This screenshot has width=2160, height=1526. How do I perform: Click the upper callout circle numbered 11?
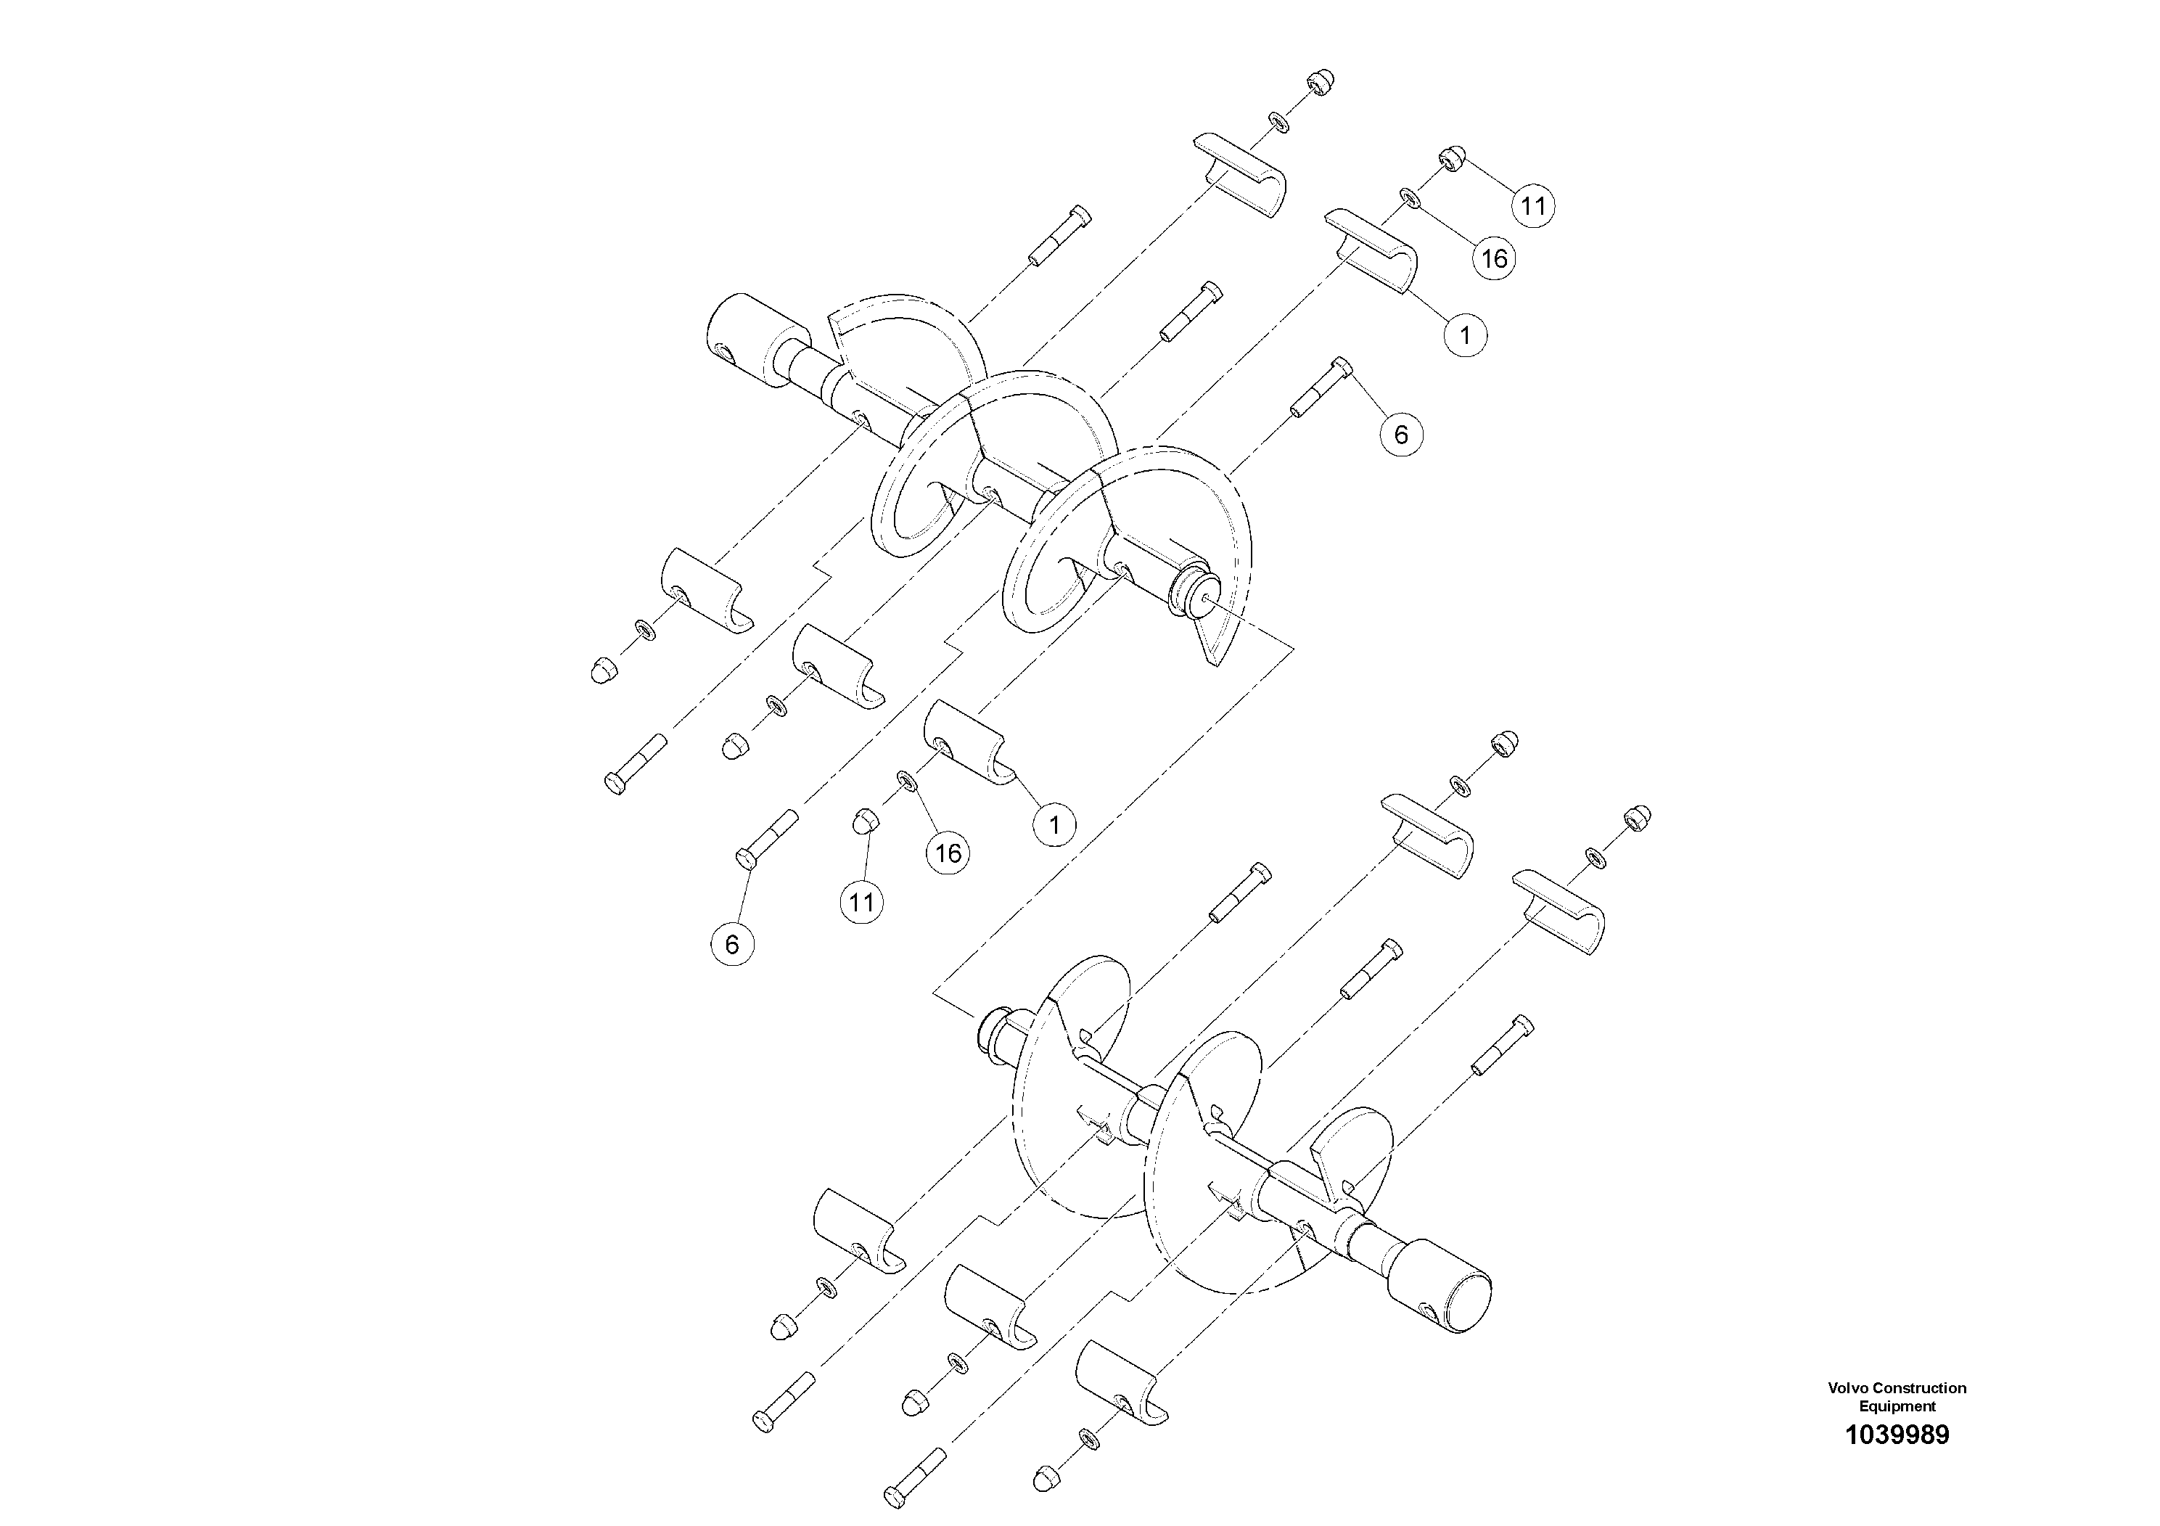point(1533,205)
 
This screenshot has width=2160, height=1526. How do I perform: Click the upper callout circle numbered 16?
point(1494,258)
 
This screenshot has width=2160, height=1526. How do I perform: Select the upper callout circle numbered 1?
point(1466,334)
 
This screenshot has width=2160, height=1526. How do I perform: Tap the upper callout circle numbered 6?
point(1401,435)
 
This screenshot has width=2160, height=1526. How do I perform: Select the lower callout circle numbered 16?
point(948,853)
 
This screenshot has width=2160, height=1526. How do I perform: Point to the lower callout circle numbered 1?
point(1054,825)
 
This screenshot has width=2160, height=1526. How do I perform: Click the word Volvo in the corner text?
point(1848,1387)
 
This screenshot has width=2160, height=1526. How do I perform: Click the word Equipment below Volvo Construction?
point(1897,1406)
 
